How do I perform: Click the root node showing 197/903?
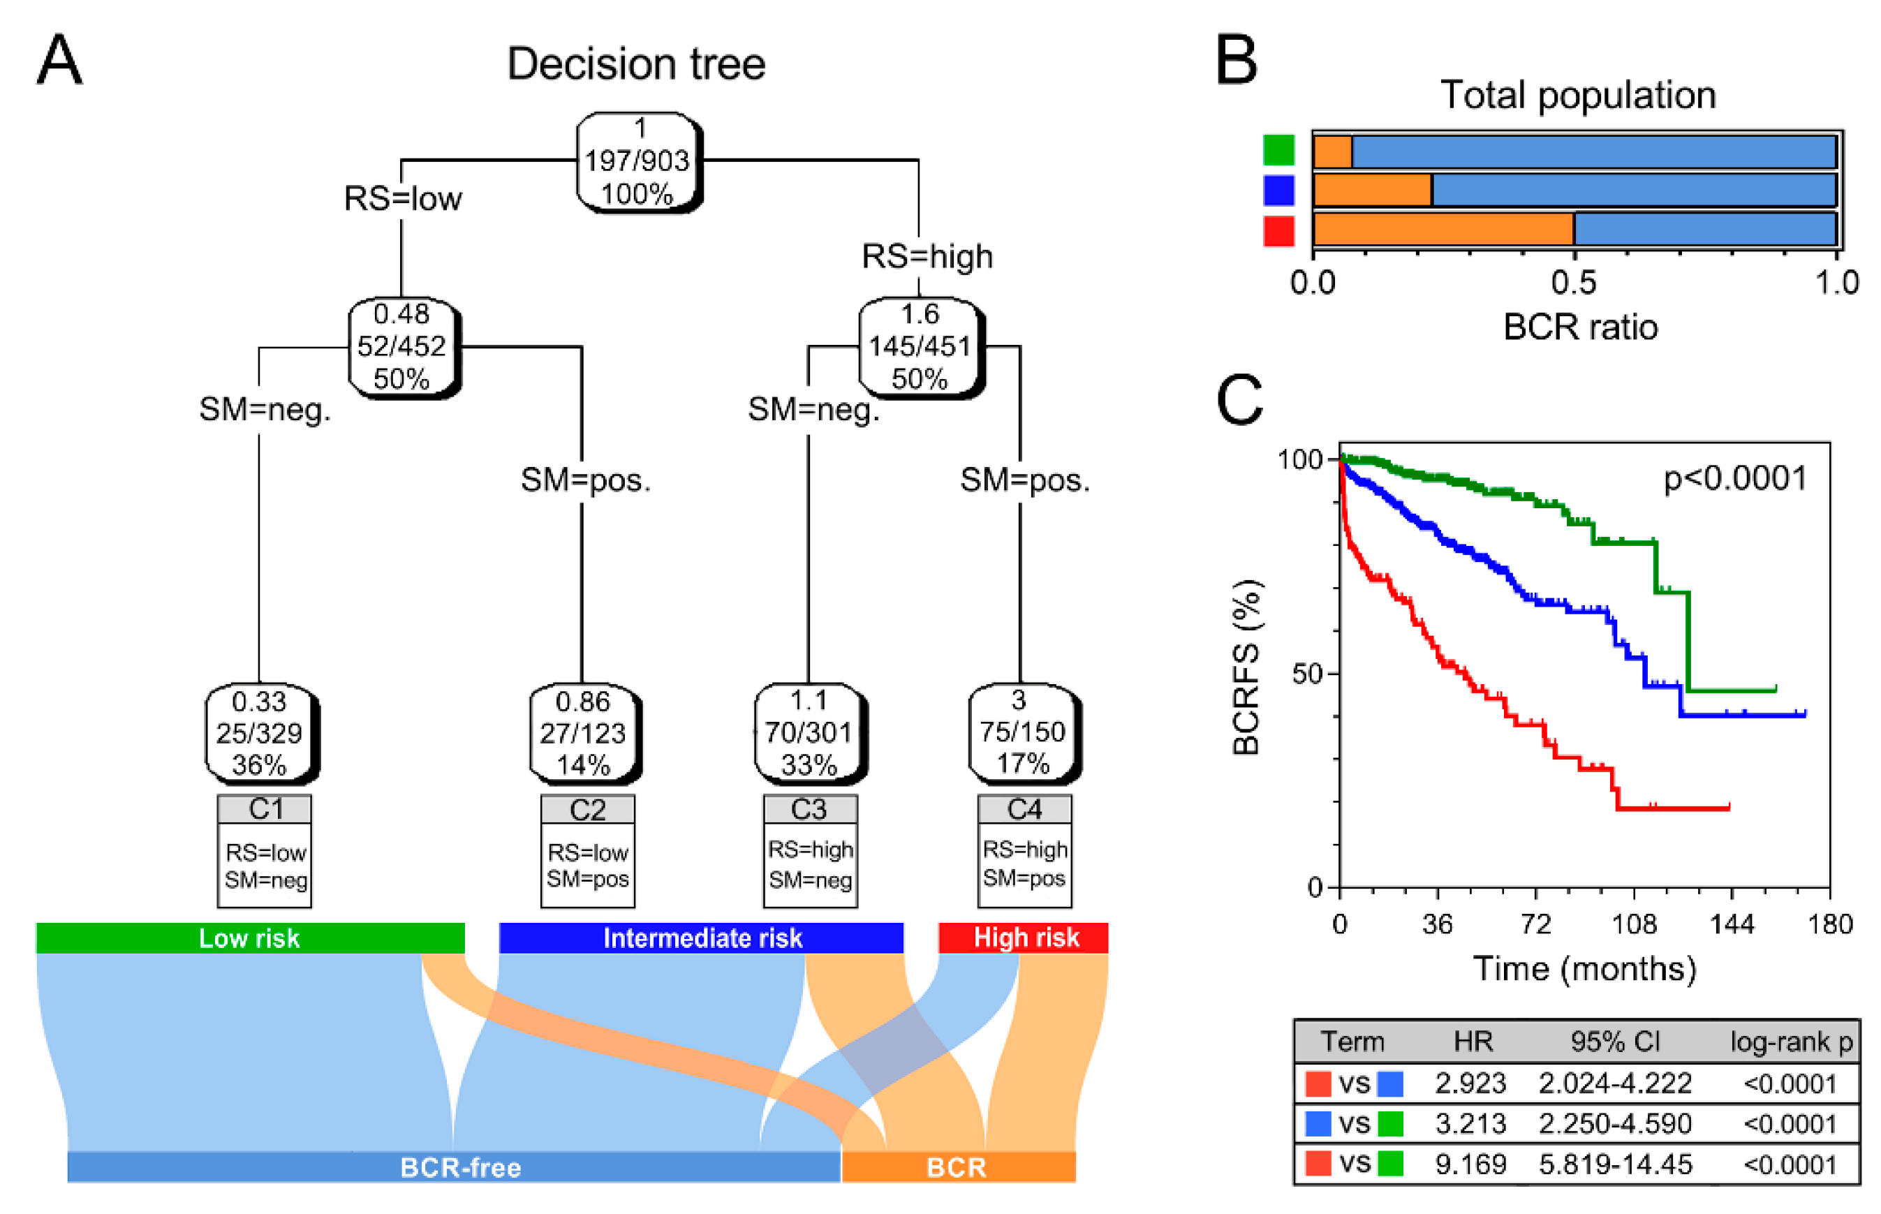pyautogui.click(x=637, y=161)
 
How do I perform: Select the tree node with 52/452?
pyautogui.click(x=402, y=346)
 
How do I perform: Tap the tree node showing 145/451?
pyautogui.click(x=920, y=346)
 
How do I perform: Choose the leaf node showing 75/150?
pyautogui.click(x=1021, y=732)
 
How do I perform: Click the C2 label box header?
pyautogui.click(x=587, y=810)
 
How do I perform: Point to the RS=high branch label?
pyautogui.click(x=927, y=256)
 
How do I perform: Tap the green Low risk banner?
pyautogui.click(x=250, y=938)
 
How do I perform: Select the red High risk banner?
pyautogui.click(x=1024, y=938)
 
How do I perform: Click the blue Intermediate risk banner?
pyautogui.click(x=702, y=938)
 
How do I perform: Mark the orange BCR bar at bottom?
pyautogui.click(x=958, y=1167)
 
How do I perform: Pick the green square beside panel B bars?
pyautogui.click(x=1278, y=150)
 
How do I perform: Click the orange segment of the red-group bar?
pyautogui.click(x=1443, y=230)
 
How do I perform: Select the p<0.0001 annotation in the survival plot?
pyautogui.click(x=1734, y=478)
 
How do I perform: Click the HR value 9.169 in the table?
pyautogui.click(x=1471, y=1164)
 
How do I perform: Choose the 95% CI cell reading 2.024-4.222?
pyautogui.click(x=1614, y=1083)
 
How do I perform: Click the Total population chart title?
pyautogui.click(x=1577, y=96)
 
